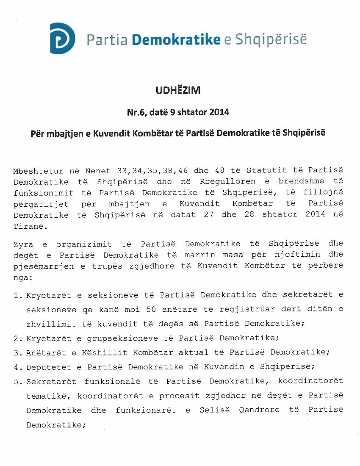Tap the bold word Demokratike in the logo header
pos(176,39)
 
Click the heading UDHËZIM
pos(178,90)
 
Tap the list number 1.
pos(17,294)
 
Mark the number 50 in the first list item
pos(151,309)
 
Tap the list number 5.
pos(17,381)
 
